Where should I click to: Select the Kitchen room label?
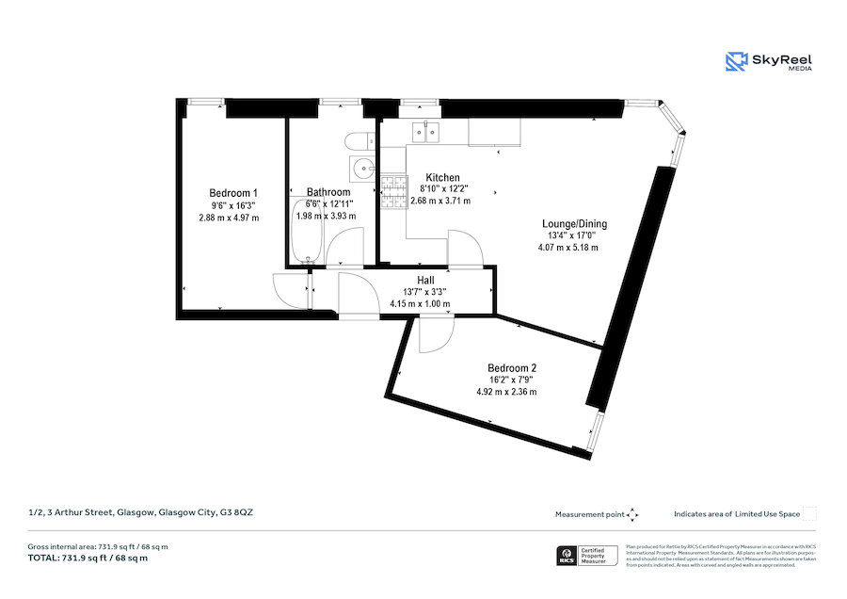442,177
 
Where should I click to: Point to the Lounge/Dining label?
574,223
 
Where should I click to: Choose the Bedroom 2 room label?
511,367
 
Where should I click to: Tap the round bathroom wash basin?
360,170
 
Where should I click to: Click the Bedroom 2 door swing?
436,334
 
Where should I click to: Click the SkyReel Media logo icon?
736,62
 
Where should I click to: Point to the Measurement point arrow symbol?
633,514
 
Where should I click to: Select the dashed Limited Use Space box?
809,513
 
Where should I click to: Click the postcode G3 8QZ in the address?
236,512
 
